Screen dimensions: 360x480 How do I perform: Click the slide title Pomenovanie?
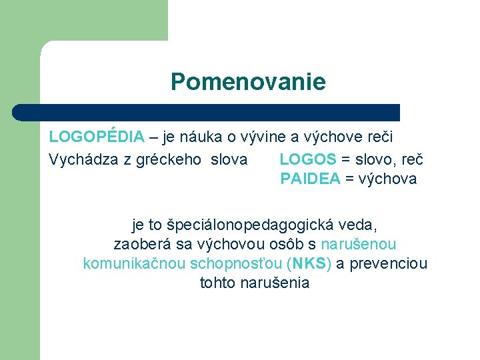pyautogui.click(x=248, y=82)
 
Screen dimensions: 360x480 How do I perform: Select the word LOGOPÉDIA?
pyautogui.click(x=97, y=137)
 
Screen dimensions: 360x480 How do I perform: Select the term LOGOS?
pyautogui.click(x=307, y=160)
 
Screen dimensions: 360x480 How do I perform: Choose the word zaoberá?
pyautogui.click(x=141, y=245)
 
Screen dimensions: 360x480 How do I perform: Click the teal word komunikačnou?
pyautogui.click(x=134, y=263)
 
